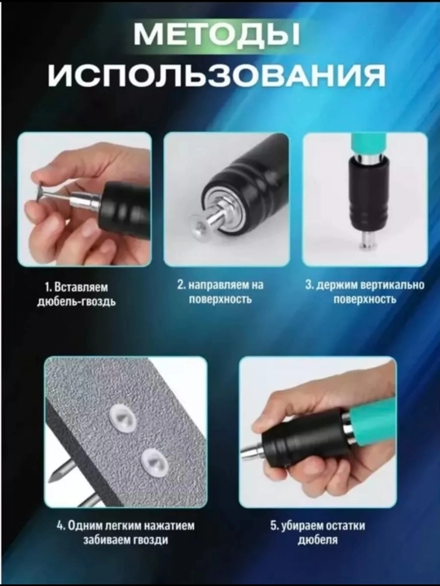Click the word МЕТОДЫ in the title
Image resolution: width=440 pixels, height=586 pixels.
click(x=217, y=34)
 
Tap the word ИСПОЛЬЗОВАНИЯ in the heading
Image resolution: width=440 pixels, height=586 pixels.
click(x=216, y=75)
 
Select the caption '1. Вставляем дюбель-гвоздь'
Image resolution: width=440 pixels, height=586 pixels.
click(x=77, y=294)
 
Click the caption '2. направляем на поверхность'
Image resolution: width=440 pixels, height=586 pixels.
click(x=220, y=292)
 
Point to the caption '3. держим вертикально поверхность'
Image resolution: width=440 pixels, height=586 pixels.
click(x=365, y=292)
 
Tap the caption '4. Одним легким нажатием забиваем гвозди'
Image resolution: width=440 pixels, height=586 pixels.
click(x=125, y=532)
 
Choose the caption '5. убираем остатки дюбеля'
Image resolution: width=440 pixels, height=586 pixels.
click(x=318, y=532)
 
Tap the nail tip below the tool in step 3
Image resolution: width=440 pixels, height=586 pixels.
click(x=365, y=241)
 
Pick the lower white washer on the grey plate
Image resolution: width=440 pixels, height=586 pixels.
click(x=155, y=460)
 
